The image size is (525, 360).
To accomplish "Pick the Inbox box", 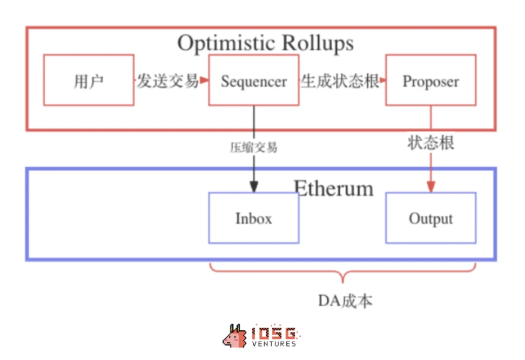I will point(253,218).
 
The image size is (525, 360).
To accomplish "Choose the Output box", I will point(430,218).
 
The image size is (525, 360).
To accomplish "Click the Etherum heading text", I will point(333,188).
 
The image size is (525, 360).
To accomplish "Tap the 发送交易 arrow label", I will point(167,81).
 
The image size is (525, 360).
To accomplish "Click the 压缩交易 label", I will point(253,147).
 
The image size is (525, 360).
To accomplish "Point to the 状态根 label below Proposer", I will point(430,143).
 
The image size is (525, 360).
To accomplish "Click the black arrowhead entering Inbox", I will point(253,187).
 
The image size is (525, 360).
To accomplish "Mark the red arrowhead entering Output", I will point(430,187).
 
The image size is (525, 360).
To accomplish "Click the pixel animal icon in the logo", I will point(235,336).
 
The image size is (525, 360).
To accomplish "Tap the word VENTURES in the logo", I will point(274,343).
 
